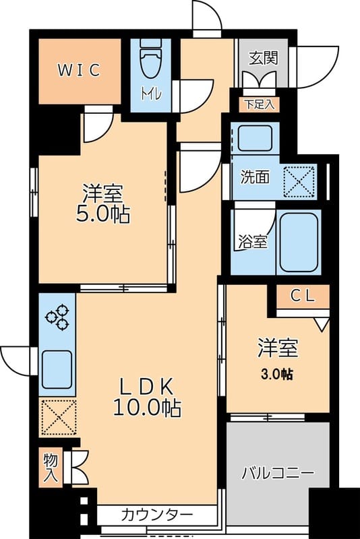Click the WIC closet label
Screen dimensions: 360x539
click(79, 70)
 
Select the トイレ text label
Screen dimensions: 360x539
click(150, 93)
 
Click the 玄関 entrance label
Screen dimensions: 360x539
click(264, 58)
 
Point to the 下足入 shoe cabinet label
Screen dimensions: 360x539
click(260, 104)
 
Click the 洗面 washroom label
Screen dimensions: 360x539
click(255, 177)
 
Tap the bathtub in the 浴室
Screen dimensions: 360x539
click(299, 243)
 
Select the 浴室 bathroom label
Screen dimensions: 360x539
click(253, 243)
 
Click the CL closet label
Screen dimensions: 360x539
click(303, 296)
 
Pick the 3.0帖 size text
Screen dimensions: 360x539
click(277, 374)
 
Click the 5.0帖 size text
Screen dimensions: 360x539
click(102, 215)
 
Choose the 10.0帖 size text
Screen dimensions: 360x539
click(147, 408)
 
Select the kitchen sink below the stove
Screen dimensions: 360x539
click(57, 369)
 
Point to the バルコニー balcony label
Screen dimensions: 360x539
click(278, 474)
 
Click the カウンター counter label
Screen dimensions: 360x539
click(157, 515)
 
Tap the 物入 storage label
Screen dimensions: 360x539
click(51, 468)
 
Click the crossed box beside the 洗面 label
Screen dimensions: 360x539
click(299, 181)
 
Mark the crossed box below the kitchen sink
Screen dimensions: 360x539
click(58, 417)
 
